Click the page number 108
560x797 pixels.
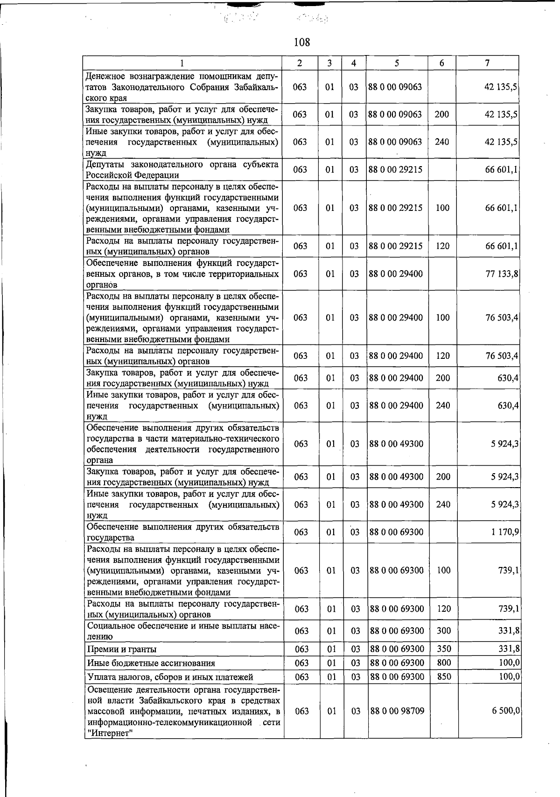[302, 42]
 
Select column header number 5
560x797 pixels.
[396, 63]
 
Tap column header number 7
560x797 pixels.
[487, 63]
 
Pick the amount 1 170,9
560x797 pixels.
[505, 532]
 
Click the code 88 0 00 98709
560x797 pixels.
[397, 711]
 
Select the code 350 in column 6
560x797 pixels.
[444, 649]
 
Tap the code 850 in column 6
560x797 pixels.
[444, 677]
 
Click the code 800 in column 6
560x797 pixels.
[444, 663]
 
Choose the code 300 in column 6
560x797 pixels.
[444, 631]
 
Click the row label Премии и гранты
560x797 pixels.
[122, 650]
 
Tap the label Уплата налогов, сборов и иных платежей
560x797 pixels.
[170, 677]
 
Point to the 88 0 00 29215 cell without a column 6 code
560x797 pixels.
[395, 169]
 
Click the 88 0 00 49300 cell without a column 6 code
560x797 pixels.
[396, 444]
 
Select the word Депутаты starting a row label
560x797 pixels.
[106, 165]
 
